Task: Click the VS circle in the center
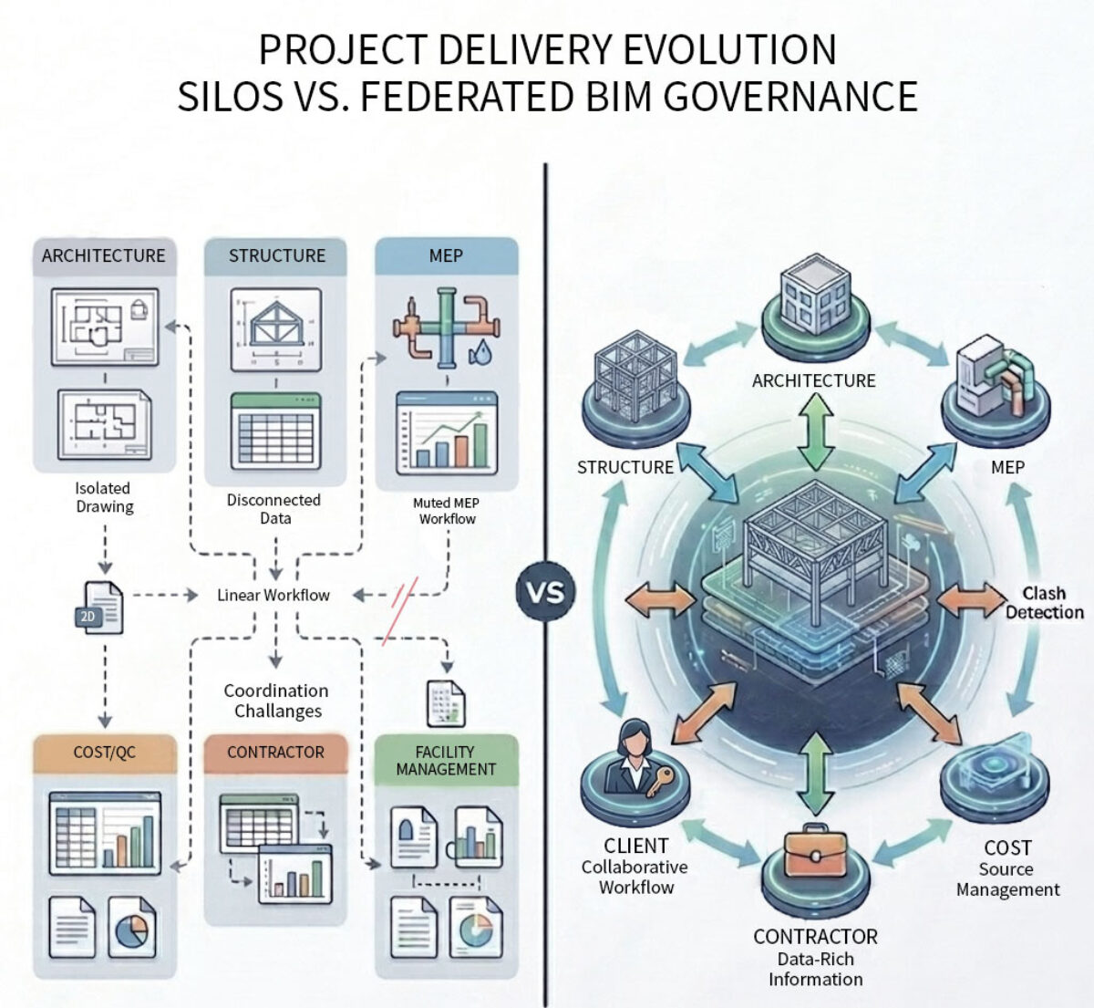(546, 591)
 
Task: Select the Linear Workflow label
(273, 596)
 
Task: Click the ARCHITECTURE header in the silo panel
(104, 256)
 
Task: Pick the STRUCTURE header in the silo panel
(276, 256)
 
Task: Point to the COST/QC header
(104, 753)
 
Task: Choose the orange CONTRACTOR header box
(275, 753)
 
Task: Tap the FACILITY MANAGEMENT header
(446, 761)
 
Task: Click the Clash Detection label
(1044, 603)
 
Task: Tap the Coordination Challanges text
(276, 701)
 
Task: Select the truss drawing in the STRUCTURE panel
(276, 329)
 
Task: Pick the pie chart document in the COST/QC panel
(131, 927)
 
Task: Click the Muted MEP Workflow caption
(447, 511)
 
